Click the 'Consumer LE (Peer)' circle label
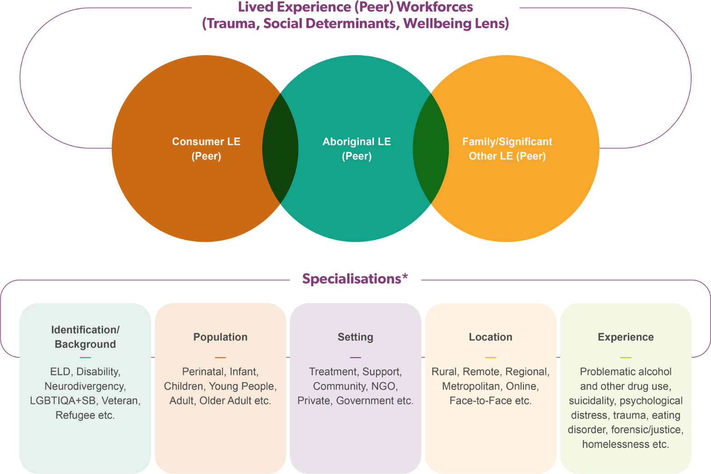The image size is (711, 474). pyautogui.click(x=206, y=149)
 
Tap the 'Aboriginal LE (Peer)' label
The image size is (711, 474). pyautogui.click(x=357, y=149)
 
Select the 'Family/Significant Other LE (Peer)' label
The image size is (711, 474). pyautogui.click(x=507, y=149)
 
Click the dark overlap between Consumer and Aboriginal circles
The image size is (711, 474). pyautogui.click(x=280, y=149)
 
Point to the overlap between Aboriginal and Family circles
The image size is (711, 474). pyautogui.click(x=431, y=149)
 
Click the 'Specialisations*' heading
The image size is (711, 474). pyautogui.click(x=355, y=279)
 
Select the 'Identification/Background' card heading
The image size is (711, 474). pyautogui.click(x=85, y=337)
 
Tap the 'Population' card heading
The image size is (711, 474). pyautogui.click(x=220, y=337)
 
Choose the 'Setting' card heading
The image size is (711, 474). pyautogui.click(x=355, y=337)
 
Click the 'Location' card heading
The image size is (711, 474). pyautogui.click(x=490, y=337)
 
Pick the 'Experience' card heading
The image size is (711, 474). pyautogui.click(x=626, y=337)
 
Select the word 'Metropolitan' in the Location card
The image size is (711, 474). pyautogui.click(x=471, y=386)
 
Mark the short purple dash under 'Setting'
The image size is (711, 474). pyautogui.click(x=355, y=357)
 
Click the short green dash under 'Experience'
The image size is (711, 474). pyautogui.click(x=626, y=357)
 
